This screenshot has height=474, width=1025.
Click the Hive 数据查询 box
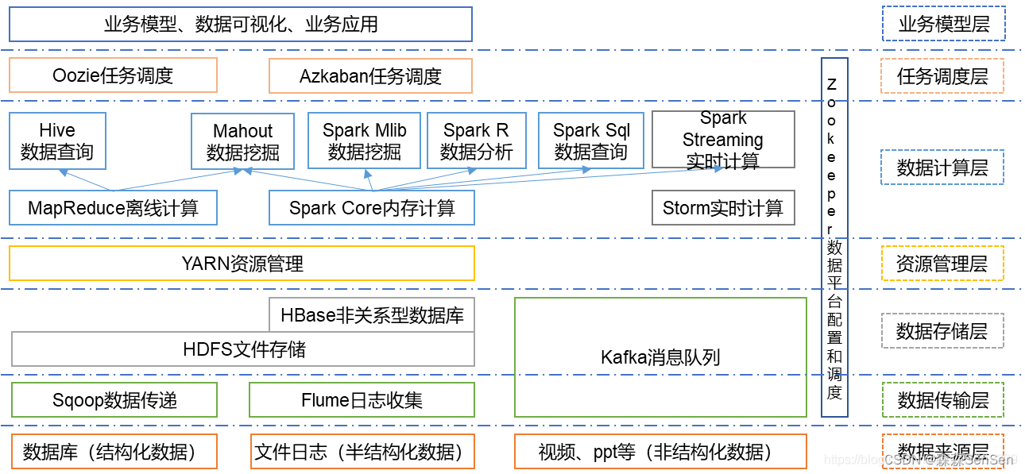pos(57,141)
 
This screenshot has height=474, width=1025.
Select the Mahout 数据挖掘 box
pos(243,141)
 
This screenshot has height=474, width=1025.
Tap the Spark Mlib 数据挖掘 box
pos(364,141)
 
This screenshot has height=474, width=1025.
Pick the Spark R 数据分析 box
pos(476,141)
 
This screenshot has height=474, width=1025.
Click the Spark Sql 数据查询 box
pos(591,141)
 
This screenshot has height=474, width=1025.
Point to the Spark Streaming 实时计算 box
pos(723,140)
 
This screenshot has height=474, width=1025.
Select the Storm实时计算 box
pos(723,208)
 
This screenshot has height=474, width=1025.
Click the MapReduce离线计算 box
pos(113,208)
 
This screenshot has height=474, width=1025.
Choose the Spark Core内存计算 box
pos(372,208)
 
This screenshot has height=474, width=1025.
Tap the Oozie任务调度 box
pos(113,75)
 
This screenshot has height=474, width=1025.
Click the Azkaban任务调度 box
pos(370,76)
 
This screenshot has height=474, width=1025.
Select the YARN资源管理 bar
pos(242,263)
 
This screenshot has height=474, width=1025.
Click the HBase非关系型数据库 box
pos(372,315)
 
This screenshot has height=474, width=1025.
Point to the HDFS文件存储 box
pos(243,349)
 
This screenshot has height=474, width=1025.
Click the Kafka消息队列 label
pos(660,357)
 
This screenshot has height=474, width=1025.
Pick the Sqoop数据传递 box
pos(114,400)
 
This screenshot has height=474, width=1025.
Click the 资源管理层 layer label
pos(942,264)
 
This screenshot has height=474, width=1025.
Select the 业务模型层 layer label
pos(943,24)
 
